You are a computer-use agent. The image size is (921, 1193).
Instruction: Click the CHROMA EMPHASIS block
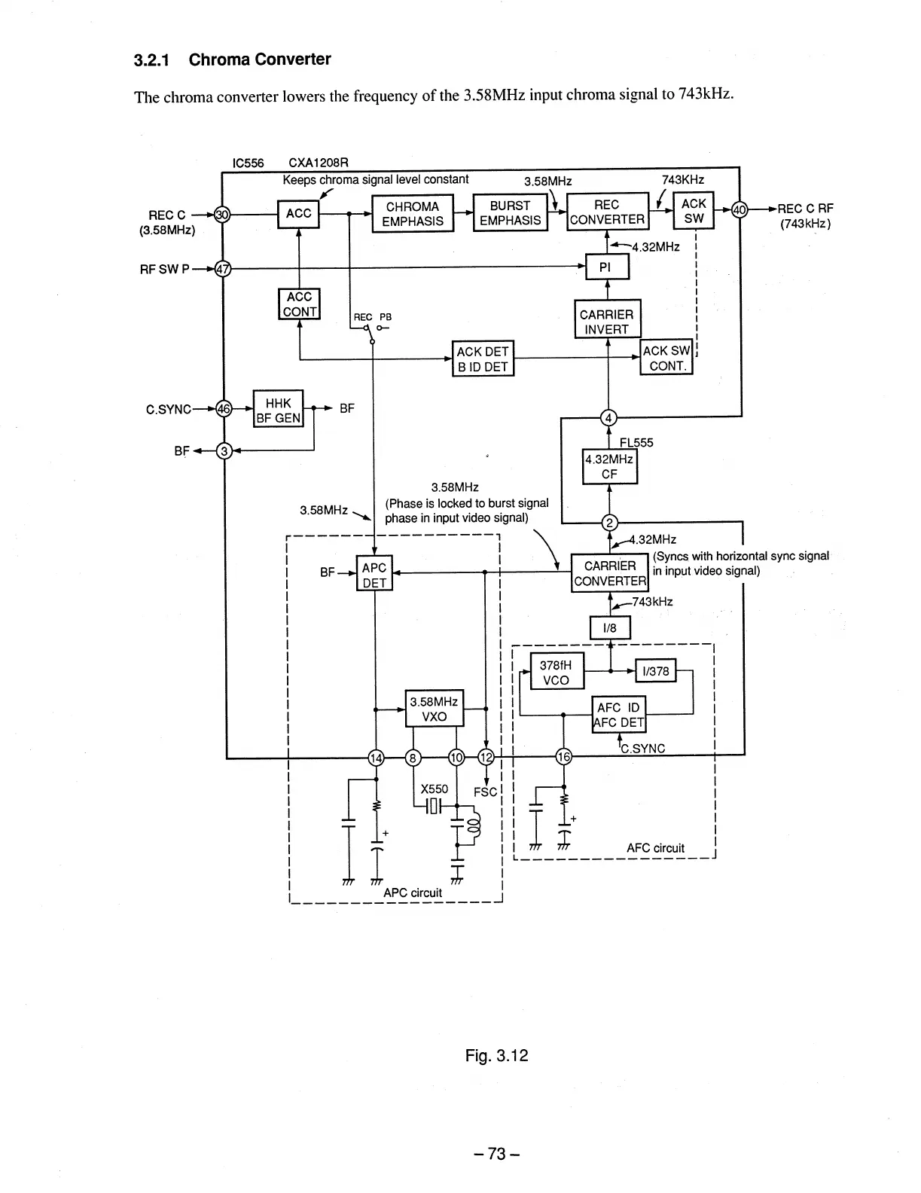tap(413, 213)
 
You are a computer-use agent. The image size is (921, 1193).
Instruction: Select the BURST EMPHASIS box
tap(510, 212)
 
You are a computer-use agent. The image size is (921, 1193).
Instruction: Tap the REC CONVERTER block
tap(607, 212)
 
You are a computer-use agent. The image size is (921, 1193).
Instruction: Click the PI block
tap(607, 267)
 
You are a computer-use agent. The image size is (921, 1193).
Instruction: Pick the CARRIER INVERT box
tap(607, 322)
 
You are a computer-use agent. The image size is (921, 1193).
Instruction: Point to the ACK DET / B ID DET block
tap(483, 359)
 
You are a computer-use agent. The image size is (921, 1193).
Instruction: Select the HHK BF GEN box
tap(278, 410)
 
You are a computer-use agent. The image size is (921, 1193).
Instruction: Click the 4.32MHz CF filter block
tap(609, 466)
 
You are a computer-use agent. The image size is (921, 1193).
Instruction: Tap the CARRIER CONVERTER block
tap(610, 573)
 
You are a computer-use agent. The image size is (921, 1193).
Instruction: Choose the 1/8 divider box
tap(609, 628)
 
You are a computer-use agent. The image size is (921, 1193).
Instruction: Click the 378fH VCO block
tap(557, 672)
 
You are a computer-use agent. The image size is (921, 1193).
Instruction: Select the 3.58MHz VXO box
tap(434, 709)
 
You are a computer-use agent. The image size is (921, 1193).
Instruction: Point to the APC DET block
tap(374, 575)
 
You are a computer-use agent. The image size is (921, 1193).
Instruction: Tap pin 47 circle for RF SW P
tap(222, 267)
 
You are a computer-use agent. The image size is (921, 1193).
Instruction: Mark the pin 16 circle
tap(563, 757)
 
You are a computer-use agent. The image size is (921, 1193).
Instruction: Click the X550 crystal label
tap(434, 789)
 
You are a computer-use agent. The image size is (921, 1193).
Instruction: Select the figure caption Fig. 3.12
tap(496, 1056)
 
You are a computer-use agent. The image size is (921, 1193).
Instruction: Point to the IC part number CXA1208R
tap(319, 163)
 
